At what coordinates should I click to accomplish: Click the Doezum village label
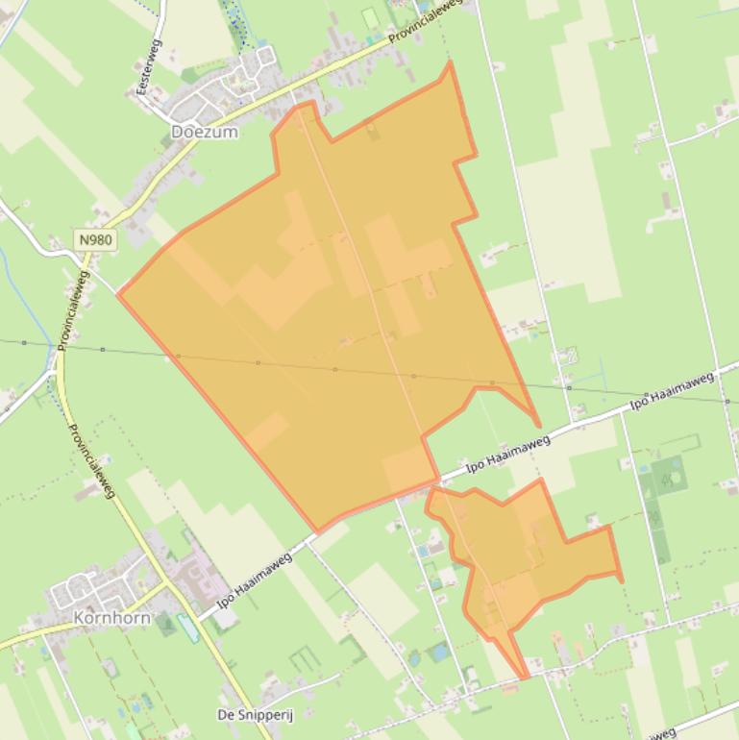[204, 132]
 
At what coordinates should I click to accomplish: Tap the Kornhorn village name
[112, 617]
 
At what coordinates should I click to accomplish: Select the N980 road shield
[96, 239]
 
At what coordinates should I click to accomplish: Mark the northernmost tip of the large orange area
[449, 62]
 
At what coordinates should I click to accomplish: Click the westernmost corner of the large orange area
[118, 294]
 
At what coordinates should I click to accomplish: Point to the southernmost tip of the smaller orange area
[525, 678]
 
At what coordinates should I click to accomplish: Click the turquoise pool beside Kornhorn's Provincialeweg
[188, 629]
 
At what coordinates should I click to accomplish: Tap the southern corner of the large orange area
[318, 531]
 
